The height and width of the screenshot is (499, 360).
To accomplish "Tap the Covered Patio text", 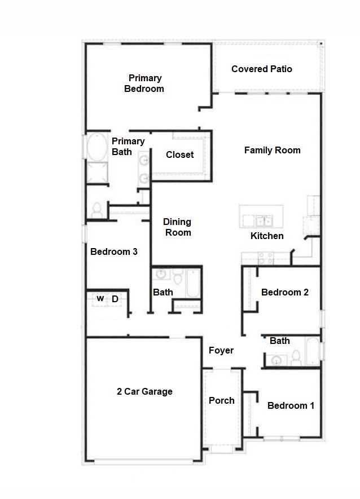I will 262,69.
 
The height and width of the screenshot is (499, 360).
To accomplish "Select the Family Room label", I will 272,150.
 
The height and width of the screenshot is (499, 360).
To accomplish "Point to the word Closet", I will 179,154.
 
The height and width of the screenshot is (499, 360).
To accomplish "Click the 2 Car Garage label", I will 144,391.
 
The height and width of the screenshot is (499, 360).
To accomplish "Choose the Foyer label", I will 221,350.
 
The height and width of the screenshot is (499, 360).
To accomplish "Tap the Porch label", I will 222,400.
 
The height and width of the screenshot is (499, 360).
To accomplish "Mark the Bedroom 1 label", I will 291,405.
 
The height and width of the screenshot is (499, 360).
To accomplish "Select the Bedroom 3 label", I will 114,251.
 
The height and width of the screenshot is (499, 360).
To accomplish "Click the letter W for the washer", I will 100,298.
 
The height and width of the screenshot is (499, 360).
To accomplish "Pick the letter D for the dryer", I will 115,299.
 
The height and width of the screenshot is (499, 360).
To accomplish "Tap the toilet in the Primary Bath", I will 96,209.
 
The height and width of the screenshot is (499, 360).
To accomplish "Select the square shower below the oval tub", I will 96,172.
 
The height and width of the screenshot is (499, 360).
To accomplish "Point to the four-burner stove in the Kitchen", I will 266,258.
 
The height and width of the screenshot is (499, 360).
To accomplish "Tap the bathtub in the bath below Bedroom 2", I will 312,351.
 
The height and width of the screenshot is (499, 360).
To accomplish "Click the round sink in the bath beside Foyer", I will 276,360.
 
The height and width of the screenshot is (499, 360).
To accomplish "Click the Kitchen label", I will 267,236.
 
